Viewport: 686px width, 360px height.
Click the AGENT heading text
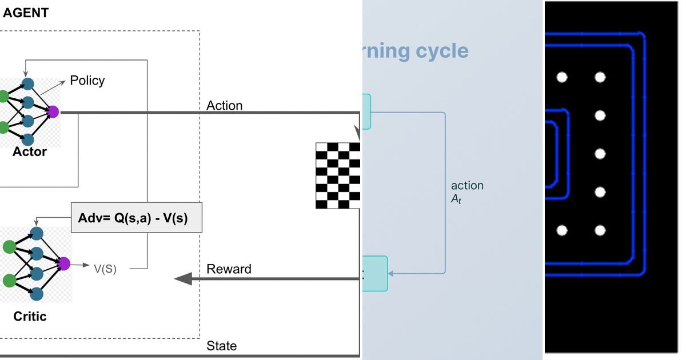(x=26, y=13)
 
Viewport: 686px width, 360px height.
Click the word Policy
(x=87, y=81)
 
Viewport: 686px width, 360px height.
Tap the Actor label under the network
(x=29, y=152)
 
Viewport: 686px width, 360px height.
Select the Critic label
(x=30, y=317)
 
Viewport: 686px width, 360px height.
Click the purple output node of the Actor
(x=53, y=111)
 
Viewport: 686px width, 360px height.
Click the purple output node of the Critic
(x=63, y=263)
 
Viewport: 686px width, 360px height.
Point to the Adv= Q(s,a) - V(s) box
(x=137, y=217)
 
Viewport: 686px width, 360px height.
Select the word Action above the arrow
(x=224, y=106)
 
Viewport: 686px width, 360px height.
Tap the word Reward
(x=229, y=269)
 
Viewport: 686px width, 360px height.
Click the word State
(x=221, y=346)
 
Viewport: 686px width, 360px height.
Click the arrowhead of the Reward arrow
(x=182, y=279)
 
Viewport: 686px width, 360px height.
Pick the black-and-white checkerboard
(x=338, y=175)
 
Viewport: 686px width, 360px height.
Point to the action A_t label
(x=466, y=192)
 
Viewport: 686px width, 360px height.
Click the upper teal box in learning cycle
(x=366, y=111)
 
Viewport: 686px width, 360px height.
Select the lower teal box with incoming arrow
(x=374, y=274)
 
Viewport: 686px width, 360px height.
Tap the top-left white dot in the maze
(x=562, y=77)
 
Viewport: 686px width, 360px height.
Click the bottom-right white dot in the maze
(x=600, y=230)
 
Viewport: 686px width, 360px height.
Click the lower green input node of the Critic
(x=9, y=281)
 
